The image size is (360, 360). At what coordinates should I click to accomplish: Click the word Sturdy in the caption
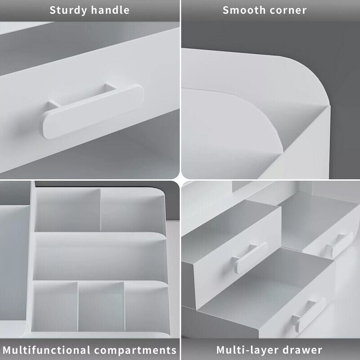pyautogui.click(x=67, y=10)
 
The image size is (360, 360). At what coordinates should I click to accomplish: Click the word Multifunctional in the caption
pyautogui.click(x=47, y=350)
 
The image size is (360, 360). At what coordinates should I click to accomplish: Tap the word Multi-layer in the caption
pyautogui.click(x=245, y=350)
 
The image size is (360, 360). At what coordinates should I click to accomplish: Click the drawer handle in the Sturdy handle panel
pyautogui.click(x=92, y=110)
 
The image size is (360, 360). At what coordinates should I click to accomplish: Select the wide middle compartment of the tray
pyautogui.click(x=97, y=256)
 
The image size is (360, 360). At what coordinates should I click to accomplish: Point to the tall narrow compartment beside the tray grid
pyautogui.click(x=13, y=270)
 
